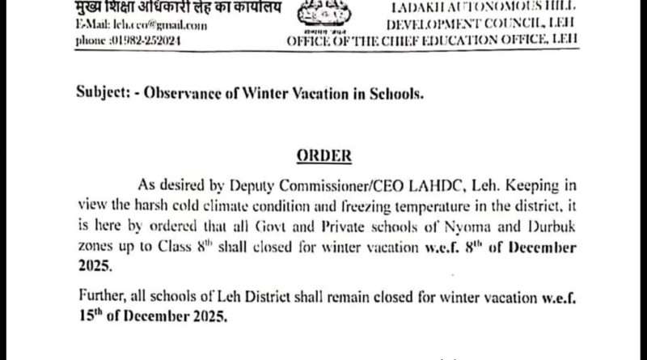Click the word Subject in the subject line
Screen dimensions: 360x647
click(x=108, y=94)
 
